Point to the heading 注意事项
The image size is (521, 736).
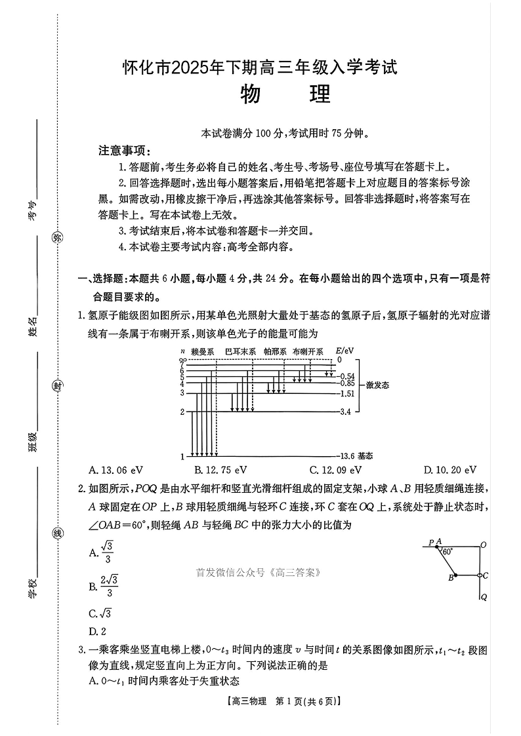(x=125, y=150)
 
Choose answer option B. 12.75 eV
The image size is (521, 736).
(x=220, y=470)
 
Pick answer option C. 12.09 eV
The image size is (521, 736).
(x=335, y=470)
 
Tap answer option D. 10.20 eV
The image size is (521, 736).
(x=449, y=470)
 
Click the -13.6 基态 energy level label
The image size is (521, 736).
(x=357, y=455)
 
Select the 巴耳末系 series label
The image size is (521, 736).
(x=240, y=352)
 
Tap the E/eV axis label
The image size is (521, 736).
(x=344, y=351)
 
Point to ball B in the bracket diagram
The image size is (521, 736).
(x=456, y=576)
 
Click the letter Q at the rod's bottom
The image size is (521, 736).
(x=484, y=597)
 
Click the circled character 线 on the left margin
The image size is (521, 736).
(x=57, y=533)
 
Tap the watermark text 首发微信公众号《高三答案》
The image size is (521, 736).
(x=258, y=572)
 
